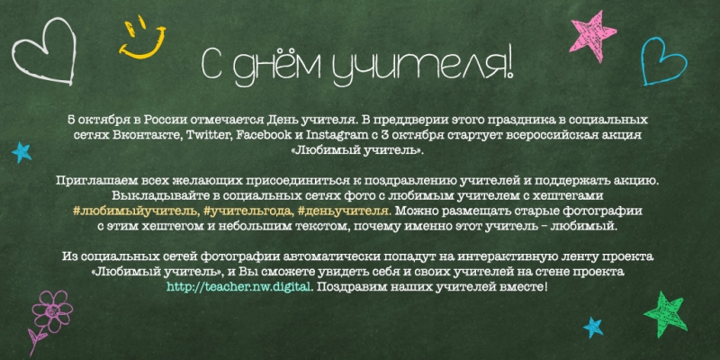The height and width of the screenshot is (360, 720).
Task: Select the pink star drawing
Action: [592, 36]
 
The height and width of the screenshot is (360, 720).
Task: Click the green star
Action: [665, 313]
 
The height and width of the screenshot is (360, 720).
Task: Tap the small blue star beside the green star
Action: [593, 327]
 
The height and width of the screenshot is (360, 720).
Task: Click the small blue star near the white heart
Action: [21, 152]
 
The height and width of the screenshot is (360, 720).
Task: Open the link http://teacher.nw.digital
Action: [239, 287]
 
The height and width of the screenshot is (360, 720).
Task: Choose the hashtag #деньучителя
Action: [345, 211]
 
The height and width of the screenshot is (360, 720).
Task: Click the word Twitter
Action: [209, 136]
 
